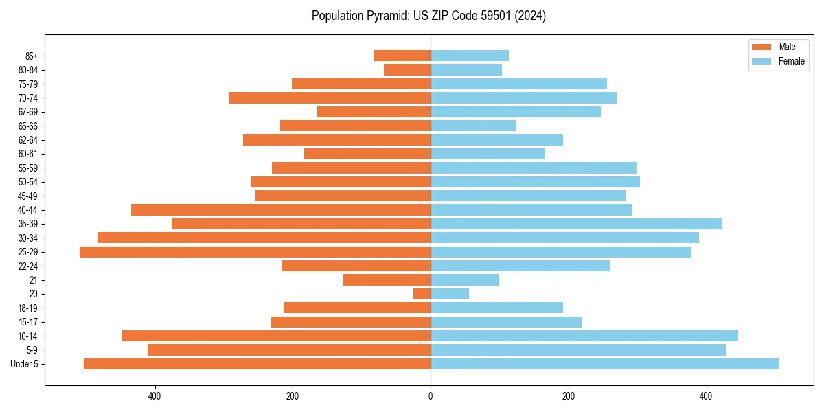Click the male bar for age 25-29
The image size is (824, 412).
click(255, 252)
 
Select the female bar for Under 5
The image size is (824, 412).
click(604, 364)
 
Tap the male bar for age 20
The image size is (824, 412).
click(422, 294)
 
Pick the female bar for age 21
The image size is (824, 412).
click(465, 280)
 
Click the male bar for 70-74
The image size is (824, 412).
click(330, 98)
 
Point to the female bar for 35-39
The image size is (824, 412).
click(576, 224)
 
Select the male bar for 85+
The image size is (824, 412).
click(402, 56)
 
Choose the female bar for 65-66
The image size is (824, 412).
click(473, 126)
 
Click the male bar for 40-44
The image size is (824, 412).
click(281, 210)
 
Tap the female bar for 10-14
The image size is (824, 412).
click(584, 336)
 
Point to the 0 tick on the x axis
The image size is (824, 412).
click(431, 396)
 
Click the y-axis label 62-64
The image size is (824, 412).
click(28, 140)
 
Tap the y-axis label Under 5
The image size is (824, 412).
click(24, 364)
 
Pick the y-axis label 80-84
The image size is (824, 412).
click(28, 70)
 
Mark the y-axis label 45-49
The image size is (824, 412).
click(28, 196)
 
